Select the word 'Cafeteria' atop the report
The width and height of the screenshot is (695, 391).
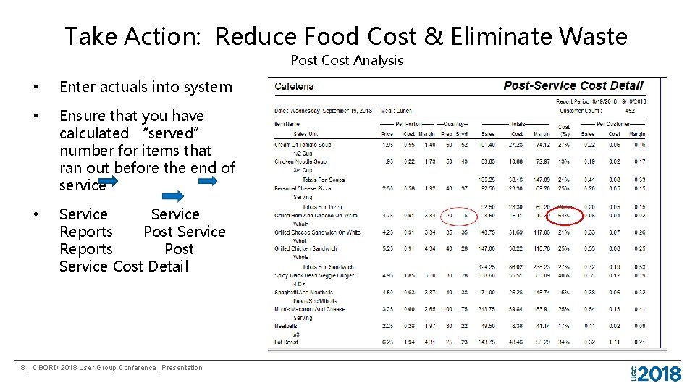click(294, 87)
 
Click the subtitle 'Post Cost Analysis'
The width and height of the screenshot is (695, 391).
click(347, 61)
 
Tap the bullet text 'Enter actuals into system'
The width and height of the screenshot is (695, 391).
click(146, 87)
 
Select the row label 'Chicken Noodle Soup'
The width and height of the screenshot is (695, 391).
click(300, 161)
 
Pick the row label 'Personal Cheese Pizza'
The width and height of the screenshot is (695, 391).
click(303, 188)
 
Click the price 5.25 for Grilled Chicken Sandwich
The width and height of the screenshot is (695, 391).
click(387, 248)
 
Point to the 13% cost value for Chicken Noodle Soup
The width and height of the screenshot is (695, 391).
click(563, 161)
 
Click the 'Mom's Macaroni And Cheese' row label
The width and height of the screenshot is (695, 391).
click(310, 309)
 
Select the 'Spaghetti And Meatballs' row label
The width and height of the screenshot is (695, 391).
click(304, 293)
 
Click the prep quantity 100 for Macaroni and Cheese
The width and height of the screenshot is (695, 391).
click(447, 309)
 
